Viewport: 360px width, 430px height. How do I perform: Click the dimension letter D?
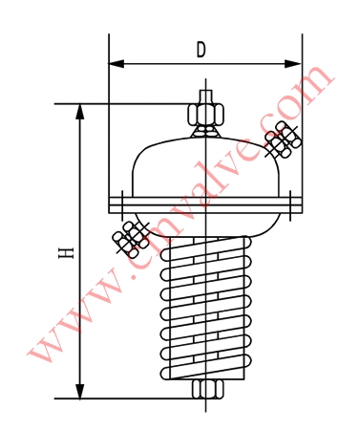(x=201, y=50)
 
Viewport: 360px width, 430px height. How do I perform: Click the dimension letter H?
(x=66, y=252)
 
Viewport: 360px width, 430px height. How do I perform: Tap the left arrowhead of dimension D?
(x=116, y=63)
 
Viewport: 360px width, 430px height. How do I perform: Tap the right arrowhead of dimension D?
(x=293, y=63)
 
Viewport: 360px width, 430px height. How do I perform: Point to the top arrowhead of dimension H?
(x=80, y=112)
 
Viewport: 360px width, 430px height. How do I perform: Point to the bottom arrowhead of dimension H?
(x=80, y=391)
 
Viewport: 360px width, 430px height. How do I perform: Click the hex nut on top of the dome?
(x=206, y=115)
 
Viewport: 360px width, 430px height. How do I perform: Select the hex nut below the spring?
(x=208, y=389)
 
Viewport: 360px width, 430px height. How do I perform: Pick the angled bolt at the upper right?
(x=283, y=140)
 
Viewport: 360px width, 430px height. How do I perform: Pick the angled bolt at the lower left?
(x=131, y=239)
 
